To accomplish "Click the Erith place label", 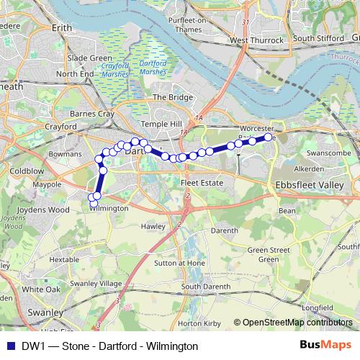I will (x=63, y=27).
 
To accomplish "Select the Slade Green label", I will (x=89, y=58).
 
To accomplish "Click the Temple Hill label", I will (x=168, y=124).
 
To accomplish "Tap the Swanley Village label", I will (x=100, y=283).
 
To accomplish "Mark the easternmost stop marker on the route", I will (x=269, y=137).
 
